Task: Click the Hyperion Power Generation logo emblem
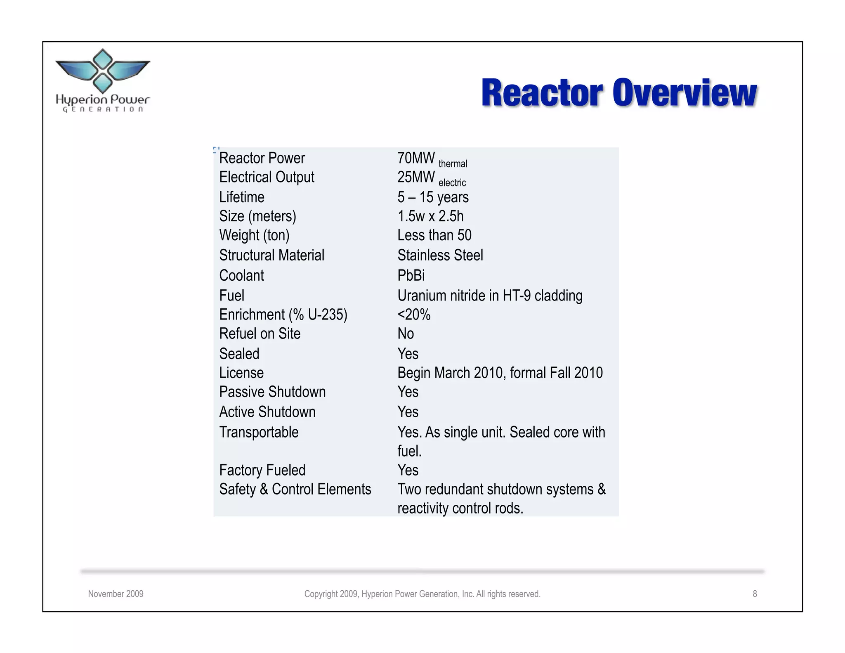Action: [x=102, y=71]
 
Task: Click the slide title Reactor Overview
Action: [x=618, y=93]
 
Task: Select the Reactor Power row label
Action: [x=262, y=158]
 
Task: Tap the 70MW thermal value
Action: [x=432, y=159]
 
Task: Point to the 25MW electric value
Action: [x=431, y=178]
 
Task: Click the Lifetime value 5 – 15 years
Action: [x=433, y=197]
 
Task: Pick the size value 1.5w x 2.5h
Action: [x=430, y=216]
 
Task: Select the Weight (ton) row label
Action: [x=254, y=235]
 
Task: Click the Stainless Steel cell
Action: [x=440, y=255]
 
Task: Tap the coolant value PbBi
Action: [x=411, y=275]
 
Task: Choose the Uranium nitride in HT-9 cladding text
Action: [x=490, y=296]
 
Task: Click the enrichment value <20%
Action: [x=414, y=315]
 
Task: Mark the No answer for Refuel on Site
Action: [x=406, y=334]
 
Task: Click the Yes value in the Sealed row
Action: [x=408, y=354]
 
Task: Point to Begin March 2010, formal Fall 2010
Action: [x=500, y=373]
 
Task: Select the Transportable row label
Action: [x=259, y=432]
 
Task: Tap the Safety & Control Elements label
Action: [x=295, y=489]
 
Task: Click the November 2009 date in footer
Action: [x=116, y=594]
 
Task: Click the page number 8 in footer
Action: [x=755, y=594]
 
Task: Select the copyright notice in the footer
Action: [x=422, y=594]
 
